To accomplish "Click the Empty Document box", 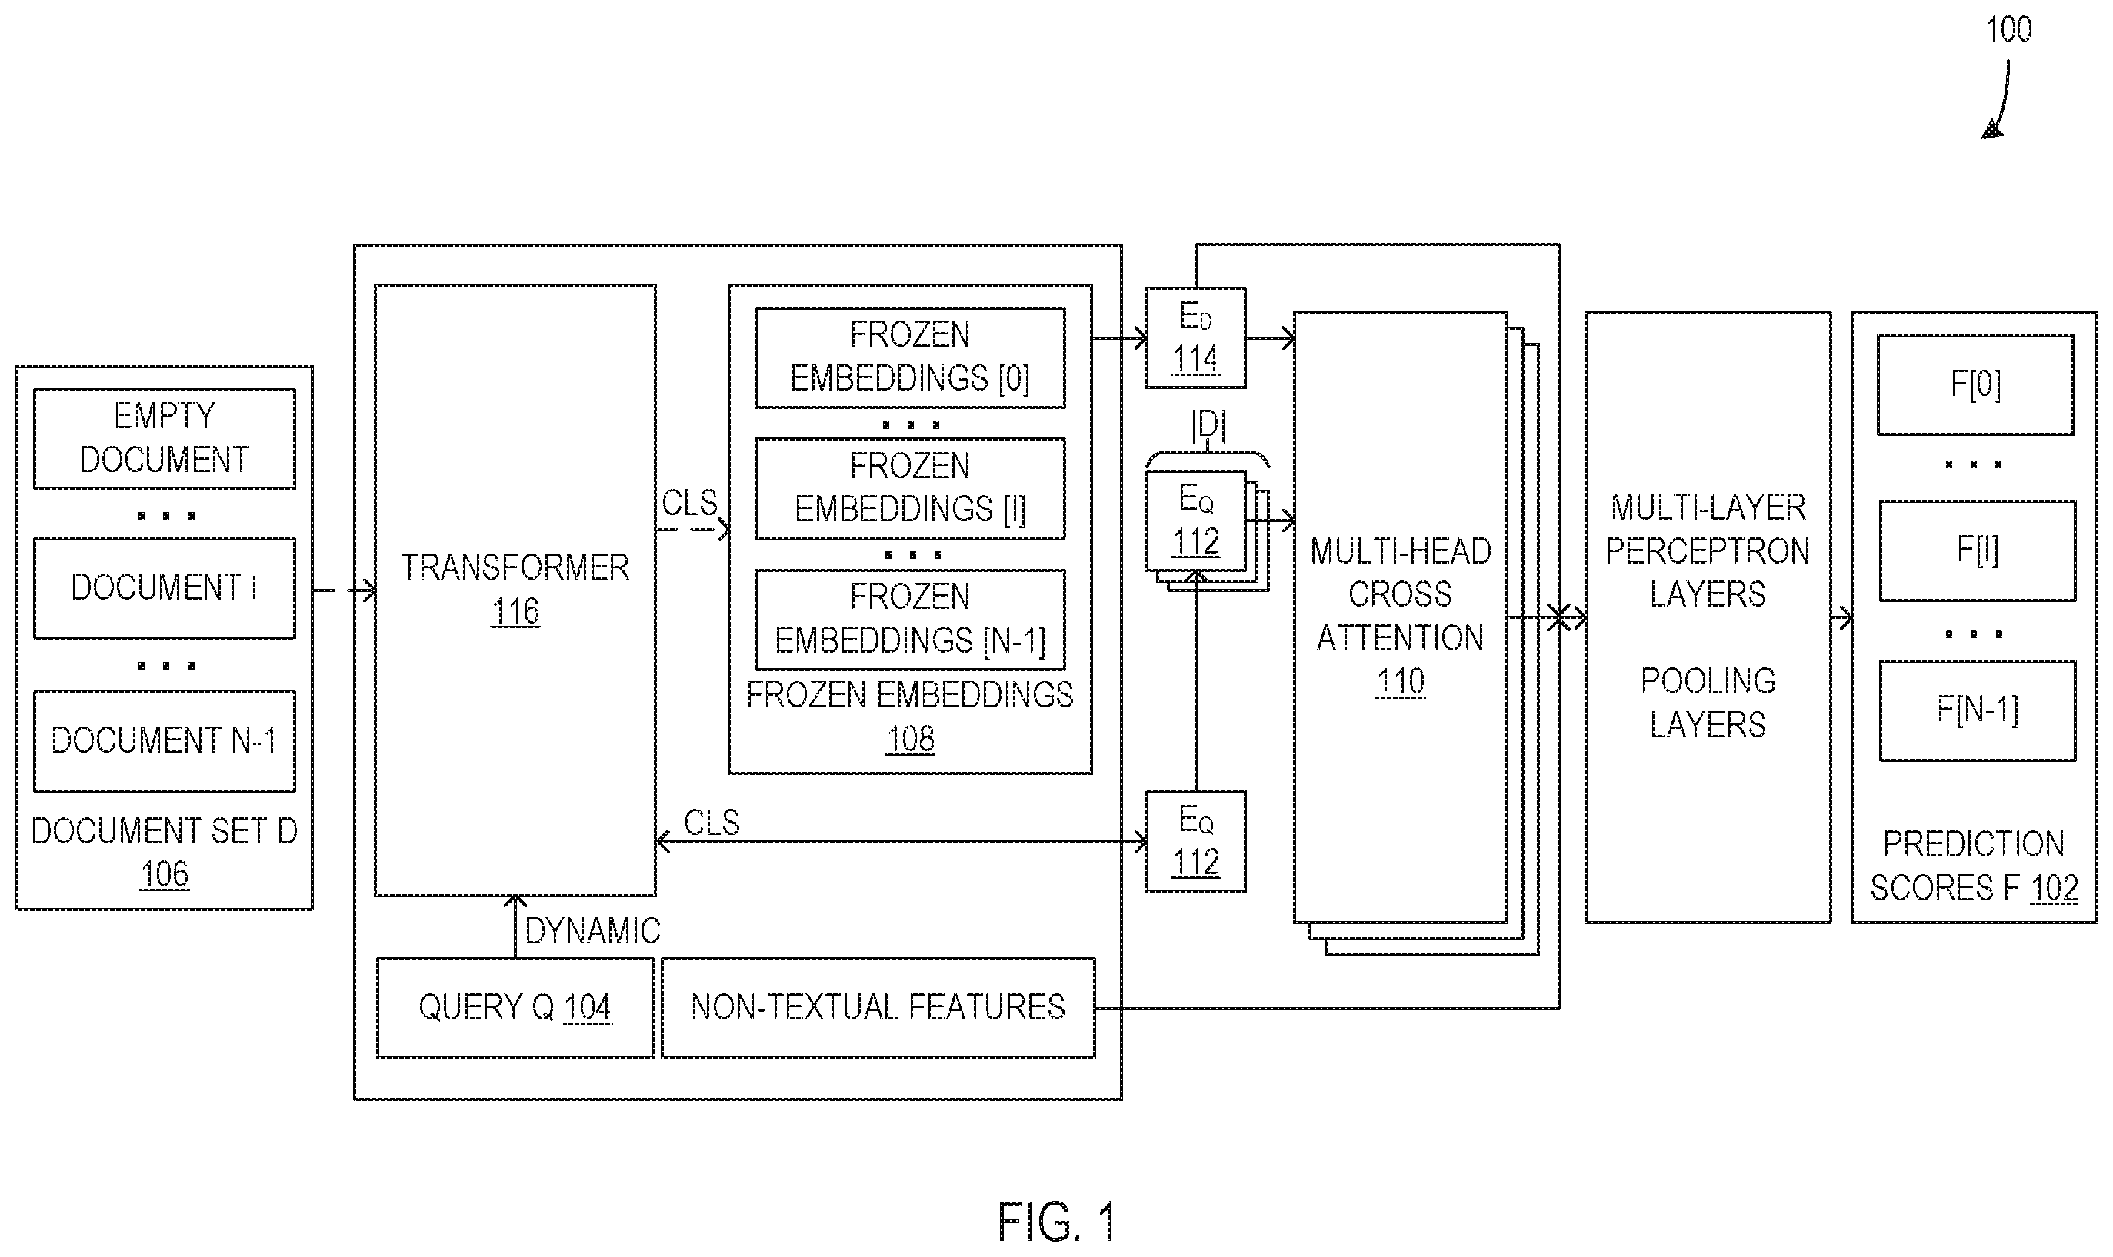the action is (x=165, y=439).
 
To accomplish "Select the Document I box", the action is (x=165, y=588).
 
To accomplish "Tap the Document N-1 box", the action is (x=165, y=741).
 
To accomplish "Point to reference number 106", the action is (x=165, y=874).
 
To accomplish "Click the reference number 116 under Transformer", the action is (x=515, y=611).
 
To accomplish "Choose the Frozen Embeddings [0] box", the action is (x=910, y=357).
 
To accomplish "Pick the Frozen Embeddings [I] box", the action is (x=910, y=488).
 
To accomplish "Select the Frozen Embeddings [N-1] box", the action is (x=910, y=619).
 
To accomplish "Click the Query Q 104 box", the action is (x=515, y=1008).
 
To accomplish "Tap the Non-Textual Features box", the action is (x=878, y=1008).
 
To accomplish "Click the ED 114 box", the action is (x=1195, y=338).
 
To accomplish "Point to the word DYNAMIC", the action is (x=592, y=932).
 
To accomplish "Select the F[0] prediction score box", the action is (x=1976, y=384).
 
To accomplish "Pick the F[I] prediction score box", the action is (x=1978, y=550).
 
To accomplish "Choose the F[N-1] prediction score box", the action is (x=1978, y=710).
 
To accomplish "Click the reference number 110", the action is (x=1401, y=682).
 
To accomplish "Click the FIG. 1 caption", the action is (x=1057, y=1222).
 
